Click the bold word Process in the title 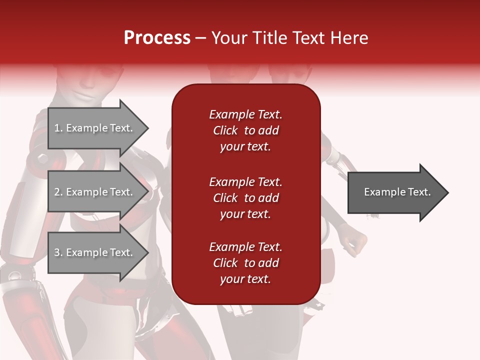tap(157, 38)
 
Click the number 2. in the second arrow tap(58, 192)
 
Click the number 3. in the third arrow tap(58, 252)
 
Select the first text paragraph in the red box tap(245, 130)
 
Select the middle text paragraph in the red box tap(245, 198)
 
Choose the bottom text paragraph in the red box tap(245, 263)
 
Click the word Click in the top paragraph tap(225, 130)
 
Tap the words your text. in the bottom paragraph tap(245, 279)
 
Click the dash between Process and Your tap(201, 38)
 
